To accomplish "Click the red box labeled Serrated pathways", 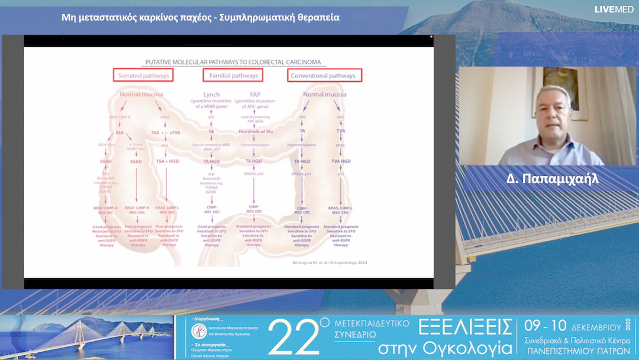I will coord(144,75).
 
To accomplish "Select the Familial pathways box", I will coord(233,75).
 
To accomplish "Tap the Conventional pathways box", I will coord(324,75).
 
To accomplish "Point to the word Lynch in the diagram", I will coord(212,95).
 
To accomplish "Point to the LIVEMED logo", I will coord(614,9).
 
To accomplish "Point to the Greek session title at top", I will coord(201,17).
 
